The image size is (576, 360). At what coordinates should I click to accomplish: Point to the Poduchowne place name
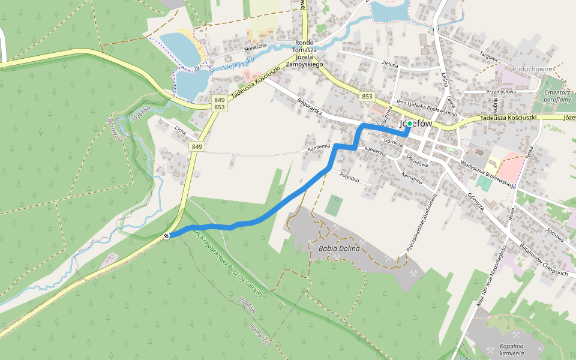532,69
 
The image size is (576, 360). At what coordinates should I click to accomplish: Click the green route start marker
409,124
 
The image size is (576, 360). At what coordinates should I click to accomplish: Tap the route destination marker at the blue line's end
166,236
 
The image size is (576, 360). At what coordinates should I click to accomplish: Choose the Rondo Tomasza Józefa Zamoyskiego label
304,53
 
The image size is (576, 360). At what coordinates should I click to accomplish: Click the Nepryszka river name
238,63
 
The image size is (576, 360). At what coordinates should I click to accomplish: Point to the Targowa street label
488,58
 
